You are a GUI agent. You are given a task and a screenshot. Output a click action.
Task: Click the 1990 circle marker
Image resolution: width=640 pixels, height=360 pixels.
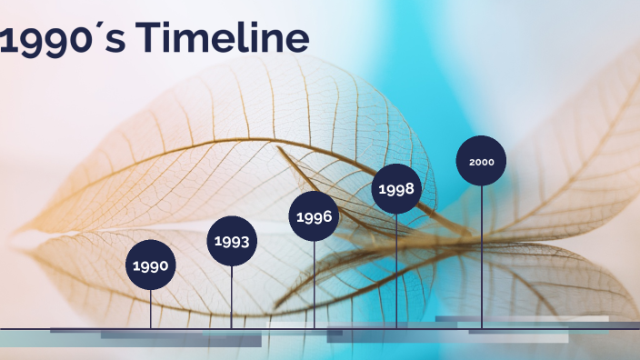[150, 265]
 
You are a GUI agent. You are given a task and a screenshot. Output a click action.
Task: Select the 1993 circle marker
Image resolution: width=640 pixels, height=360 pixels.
[231, 241]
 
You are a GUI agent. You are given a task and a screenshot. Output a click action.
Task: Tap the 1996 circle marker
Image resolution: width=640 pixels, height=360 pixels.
[315, 216]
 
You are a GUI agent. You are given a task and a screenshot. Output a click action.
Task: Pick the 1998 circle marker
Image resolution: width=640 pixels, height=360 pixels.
[396, 189]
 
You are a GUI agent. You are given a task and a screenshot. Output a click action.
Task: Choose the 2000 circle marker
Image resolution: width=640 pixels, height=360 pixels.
[481, 161]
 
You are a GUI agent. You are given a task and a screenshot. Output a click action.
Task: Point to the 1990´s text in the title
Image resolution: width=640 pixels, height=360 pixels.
[64, 40]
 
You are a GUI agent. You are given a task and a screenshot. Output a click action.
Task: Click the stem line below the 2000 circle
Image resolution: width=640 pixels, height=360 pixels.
[481, 255]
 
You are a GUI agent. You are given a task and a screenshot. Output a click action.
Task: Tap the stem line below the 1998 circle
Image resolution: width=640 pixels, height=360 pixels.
[396, 268]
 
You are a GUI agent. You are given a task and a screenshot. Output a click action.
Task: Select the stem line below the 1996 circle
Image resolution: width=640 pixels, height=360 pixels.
[315, 282]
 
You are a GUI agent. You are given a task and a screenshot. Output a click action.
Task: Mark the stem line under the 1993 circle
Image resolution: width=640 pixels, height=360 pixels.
[231, 295]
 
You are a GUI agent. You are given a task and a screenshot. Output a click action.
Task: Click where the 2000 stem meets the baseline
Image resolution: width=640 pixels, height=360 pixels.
[481, 327]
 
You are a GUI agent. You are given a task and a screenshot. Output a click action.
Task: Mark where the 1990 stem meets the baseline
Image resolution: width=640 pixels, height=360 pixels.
[150, 327]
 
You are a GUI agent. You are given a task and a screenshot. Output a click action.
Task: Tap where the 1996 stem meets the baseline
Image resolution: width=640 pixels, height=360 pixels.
[315, 327]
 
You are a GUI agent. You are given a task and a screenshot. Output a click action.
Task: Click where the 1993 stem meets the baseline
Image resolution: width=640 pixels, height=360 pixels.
[231, 327]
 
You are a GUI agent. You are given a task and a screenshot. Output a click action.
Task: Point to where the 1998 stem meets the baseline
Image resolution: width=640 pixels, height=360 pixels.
[396, 327]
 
